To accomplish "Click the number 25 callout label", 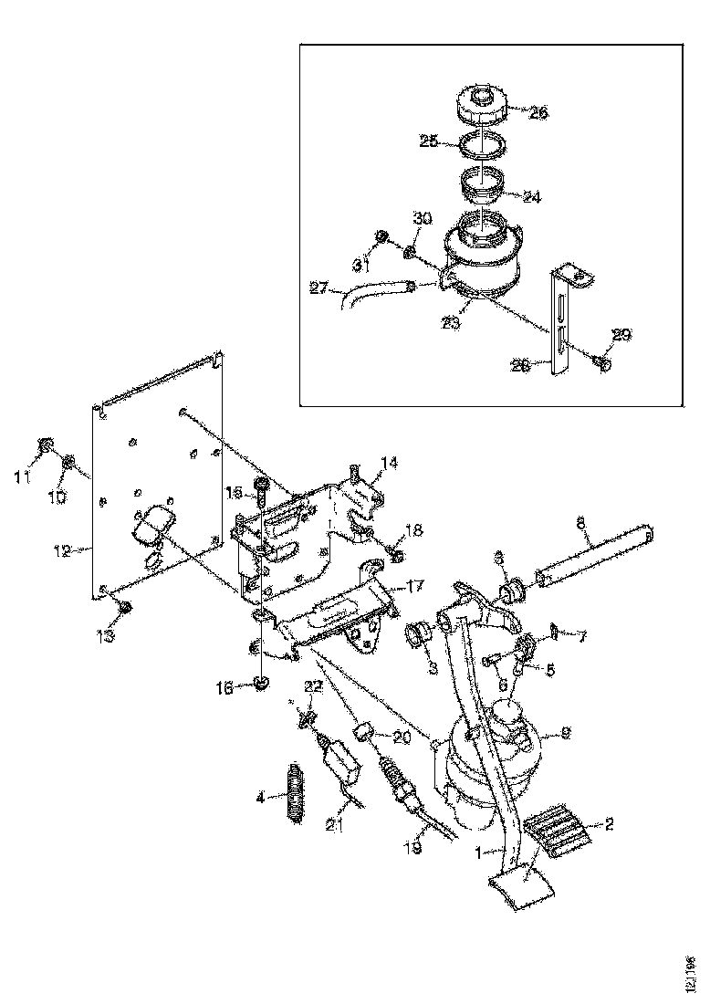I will [429, 142].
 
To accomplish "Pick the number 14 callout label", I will [390, 464].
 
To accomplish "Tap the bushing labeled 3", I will [422, 633].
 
